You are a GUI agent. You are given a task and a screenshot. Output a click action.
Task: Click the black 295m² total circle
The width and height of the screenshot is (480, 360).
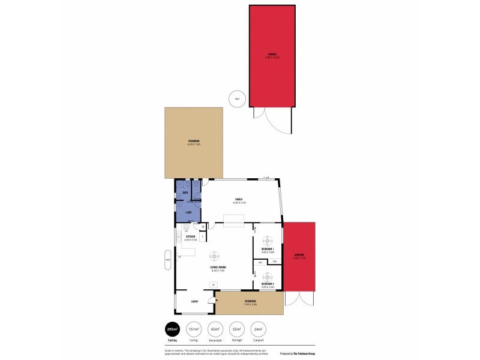(173, 329)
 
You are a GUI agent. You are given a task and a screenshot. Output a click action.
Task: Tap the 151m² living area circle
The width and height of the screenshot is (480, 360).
(194, 329)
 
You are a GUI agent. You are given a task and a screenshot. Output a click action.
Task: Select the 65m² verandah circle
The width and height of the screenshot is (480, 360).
(215, 329)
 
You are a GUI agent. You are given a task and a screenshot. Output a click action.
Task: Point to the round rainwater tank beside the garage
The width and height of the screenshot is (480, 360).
(238, 99)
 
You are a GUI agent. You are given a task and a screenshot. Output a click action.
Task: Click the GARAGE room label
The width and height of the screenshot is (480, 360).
(272, 55)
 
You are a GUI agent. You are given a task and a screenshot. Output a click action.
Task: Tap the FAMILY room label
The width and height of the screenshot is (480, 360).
(238, 199)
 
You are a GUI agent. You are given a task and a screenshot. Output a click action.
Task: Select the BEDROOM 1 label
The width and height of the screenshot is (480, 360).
(268, 248)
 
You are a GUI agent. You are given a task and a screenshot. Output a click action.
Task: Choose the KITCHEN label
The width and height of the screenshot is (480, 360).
(191, 236)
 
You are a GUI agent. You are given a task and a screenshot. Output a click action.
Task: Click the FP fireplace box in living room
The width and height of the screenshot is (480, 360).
(212, 284)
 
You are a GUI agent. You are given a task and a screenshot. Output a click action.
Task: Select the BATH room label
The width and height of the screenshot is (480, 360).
(185, 192)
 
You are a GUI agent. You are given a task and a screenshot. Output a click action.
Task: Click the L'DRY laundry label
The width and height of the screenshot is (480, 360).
(188, 212)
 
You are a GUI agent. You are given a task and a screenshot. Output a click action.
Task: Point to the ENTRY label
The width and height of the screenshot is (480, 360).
(195, 302)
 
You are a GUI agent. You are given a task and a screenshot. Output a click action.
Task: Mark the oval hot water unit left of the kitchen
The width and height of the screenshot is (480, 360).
(168, 259)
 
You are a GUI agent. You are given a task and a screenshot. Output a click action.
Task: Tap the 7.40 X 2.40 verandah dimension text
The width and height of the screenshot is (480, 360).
(250, 304)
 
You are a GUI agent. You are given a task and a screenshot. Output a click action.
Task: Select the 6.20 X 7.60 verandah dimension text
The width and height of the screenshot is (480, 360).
(194, 145)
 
